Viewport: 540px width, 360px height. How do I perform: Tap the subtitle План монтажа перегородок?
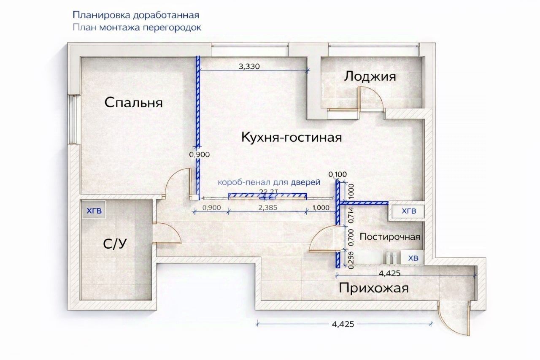click(x=137, y=28)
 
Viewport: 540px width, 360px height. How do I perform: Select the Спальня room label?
click(x=133, y=102)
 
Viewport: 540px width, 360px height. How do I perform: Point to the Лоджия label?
click(x=370, y=76)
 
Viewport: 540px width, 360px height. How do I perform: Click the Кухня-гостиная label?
click(x=291, y=137)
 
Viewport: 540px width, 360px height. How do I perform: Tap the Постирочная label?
click(x=389, y=237)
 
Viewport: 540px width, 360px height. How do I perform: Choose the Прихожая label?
click(x=374, y=288)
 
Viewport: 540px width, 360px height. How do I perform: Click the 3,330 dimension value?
click(x=251, y=66)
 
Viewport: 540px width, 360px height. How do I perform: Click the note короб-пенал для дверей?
click(x=269, y=182)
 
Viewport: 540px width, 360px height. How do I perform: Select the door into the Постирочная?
click(x=324, y=239)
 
